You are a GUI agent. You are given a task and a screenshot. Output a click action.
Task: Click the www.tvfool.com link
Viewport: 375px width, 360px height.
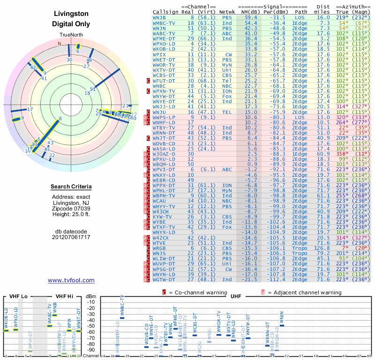(x=71, y=280)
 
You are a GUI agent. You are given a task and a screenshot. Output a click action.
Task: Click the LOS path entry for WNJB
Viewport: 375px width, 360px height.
(x=300, y=17)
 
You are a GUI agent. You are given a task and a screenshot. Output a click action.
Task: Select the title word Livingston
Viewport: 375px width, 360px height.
(x=71, y=14)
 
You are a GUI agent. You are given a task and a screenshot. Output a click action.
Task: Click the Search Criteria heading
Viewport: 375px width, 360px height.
(x=71, y=187)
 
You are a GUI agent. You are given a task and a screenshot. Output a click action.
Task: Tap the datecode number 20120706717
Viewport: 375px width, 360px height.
(x=71, y=237)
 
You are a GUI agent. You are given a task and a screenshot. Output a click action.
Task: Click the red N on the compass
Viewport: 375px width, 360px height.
(x=60, y=44)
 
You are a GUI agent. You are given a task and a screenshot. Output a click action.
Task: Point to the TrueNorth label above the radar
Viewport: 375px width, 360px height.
(x=71, y=36)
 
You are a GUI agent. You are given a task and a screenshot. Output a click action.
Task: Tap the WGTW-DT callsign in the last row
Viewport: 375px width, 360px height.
(x=165, y=279)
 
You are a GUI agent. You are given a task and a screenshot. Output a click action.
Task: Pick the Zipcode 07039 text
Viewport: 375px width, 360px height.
(x=71, y=209)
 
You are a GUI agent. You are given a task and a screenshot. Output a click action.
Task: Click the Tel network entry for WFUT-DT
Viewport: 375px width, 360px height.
(x=227, y=81)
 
